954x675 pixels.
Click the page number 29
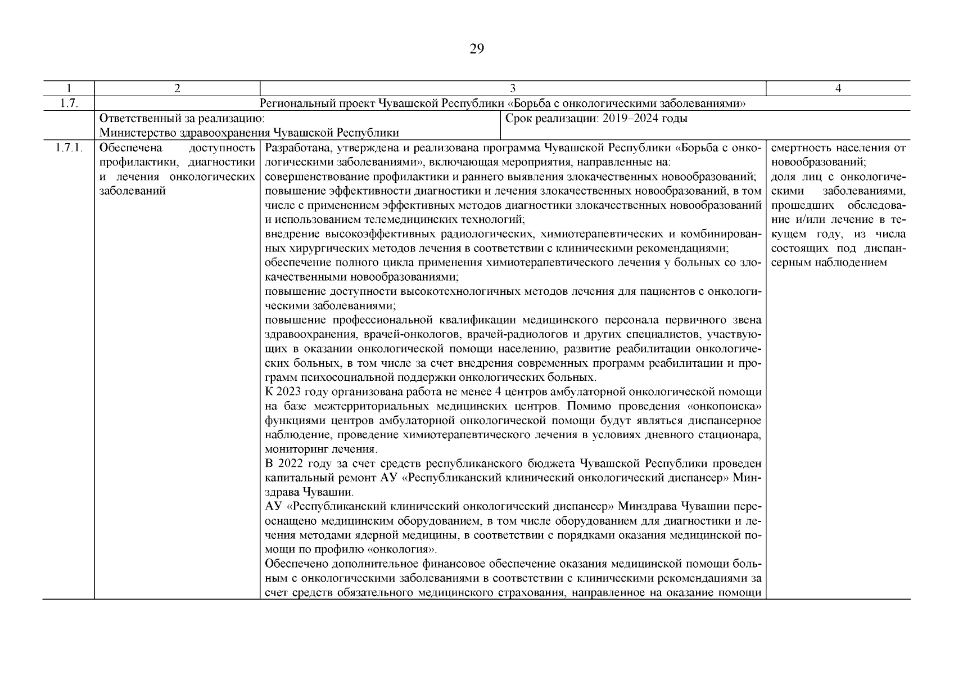476,49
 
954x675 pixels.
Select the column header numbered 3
513,88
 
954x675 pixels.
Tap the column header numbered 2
177,88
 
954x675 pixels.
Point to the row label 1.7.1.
68,148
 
